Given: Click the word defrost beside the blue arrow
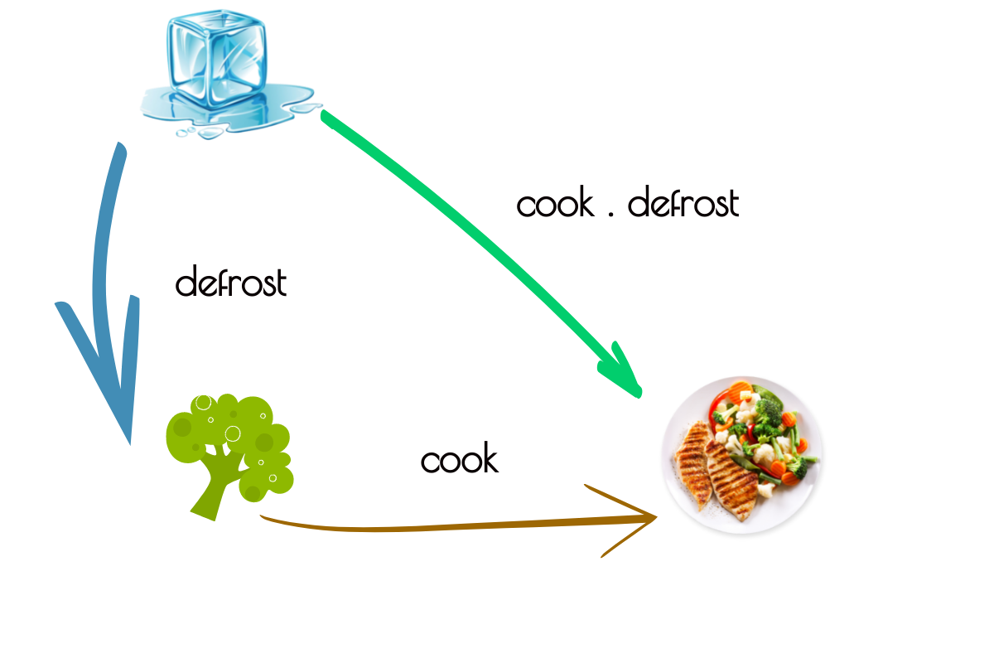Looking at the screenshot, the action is coord(231,283).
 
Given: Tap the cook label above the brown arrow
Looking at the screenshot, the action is coord(459,460).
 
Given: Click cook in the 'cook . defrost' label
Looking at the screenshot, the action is coord(555,204).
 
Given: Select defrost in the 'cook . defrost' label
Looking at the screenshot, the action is coord(683,204).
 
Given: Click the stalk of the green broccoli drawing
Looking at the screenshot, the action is coord(212,489).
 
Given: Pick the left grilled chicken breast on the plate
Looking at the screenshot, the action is coord(694,464).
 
